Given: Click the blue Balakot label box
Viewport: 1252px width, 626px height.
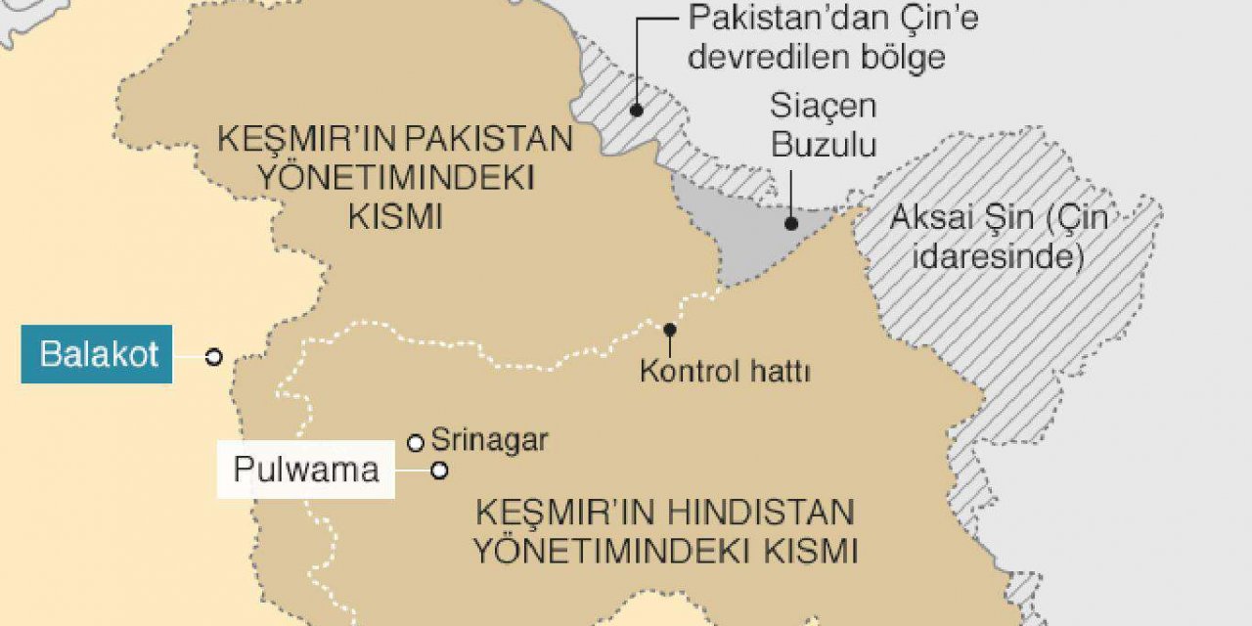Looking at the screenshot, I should click(x=97, y=354).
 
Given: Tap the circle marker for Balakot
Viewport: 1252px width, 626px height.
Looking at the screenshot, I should click(x=213, y=358).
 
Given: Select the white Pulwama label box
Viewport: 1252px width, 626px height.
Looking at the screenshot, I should click(x=305, y=470).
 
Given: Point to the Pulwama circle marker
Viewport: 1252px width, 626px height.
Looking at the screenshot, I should click(x=440, y=470).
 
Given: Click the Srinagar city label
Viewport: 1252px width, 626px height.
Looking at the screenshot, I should click(x=489, y=440).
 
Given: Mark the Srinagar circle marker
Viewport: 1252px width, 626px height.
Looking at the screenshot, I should click(x=416, y=443).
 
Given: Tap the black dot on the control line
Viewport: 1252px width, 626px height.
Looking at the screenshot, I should click(x=670, y=330).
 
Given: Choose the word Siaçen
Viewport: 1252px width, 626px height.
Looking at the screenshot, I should click(x=823, y=106).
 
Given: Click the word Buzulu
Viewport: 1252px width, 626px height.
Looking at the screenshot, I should click(x=823, y=146).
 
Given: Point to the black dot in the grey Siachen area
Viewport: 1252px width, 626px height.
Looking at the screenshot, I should click(x=790, y=223).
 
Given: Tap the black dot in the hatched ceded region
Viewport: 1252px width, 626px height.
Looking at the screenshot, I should click(x=636, y=111).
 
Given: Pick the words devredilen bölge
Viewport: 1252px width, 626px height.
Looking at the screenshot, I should click(x=816, y=57).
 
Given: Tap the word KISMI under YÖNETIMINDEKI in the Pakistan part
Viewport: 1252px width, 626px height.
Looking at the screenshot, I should click(x=395, y=217).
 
